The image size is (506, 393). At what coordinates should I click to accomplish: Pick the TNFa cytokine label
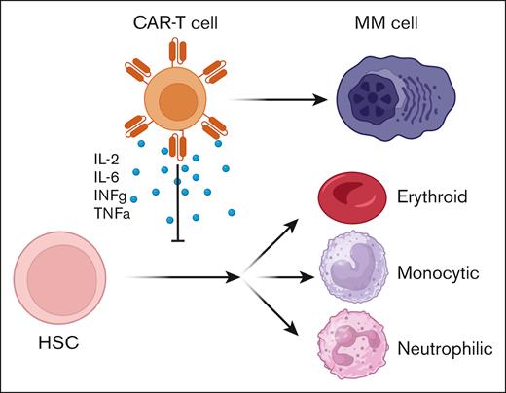pyautogui.click(x=104, y=217)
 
